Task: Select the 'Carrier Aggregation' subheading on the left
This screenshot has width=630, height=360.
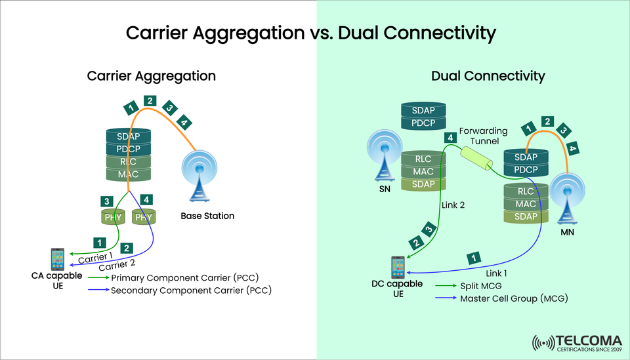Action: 152,76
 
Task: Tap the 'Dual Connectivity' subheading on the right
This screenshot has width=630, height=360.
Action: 488,76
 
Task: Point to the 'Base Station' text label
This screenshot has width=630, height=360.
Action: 207,216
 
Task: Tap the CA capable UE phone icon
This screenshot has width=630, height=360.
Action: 57,259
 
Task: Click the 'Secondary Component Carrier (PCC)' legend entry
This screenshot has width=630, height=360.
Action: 191,290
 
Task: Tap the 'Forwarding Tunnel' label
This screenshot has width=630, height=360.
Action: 484,135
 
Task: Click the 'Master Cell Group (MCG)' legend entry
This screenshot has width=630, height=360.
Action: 514,298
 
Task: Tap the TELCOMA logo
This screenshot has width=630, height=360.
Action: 577,342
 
